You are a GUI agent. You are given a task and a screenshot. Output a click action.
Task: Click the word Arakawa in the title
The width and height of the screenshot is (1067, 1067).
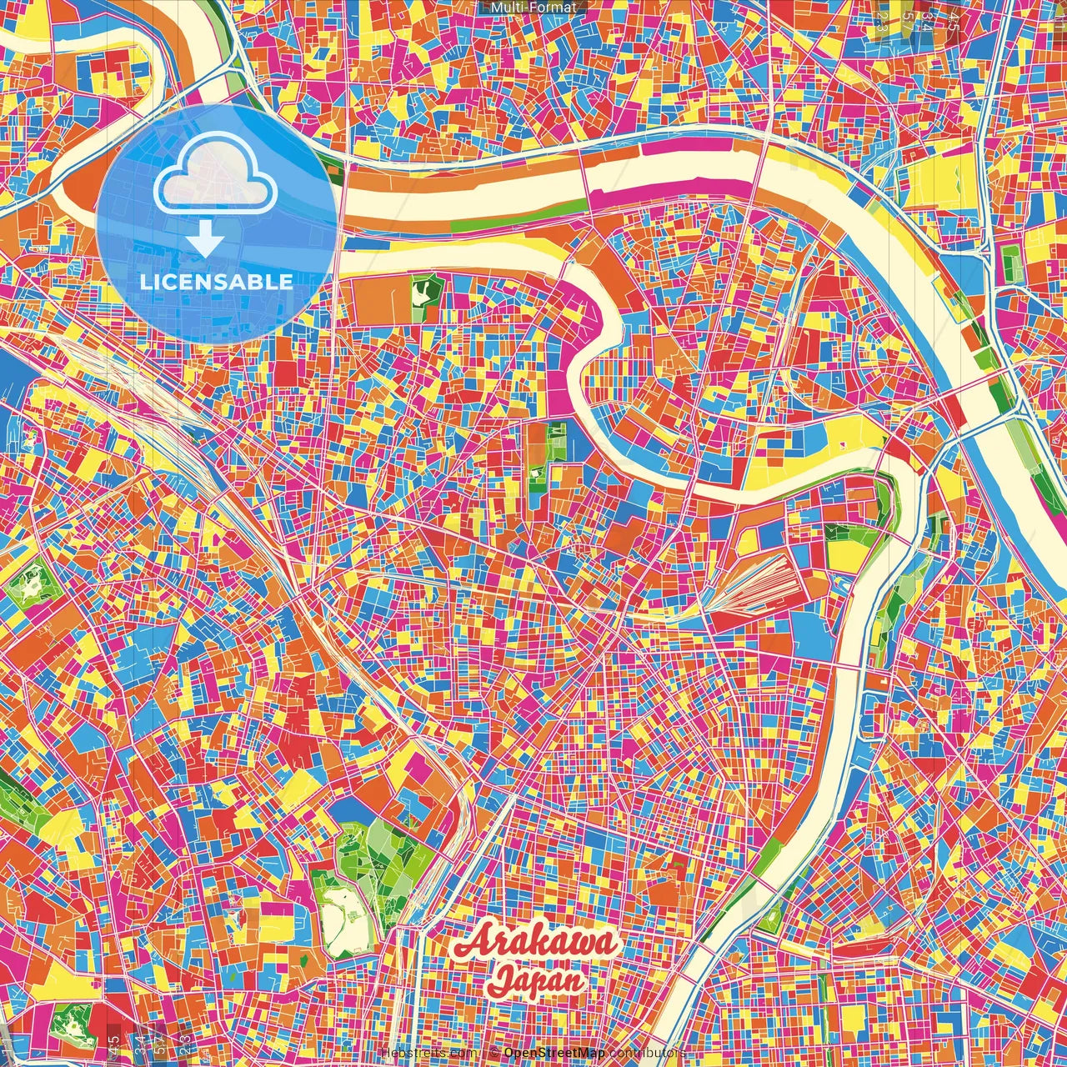point(538,944)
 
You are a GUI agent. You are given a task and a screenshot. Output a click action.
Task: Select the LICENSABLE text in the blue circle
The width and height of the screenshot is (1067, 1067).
point(217,282)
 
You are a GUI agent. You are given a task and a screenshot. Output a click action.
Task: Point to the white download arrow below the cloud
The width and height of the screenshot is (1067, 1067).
point(204,239)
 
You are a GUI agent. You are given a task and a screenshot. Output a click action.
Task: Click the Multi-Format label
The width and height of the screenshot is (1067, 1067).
point(533,8)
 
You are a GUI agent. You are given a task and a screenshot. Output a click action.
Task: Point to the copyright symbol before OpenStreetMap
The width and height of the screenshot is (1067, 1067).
point(494,1053)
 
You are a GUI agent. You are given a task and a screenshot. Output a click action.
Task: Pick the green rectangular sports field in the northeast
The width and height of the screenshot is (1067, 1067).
point(1010,264)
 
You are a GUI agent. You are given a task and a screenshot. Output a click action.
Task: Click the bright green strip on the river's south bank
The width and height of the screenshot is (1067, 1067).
point(483,225)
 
